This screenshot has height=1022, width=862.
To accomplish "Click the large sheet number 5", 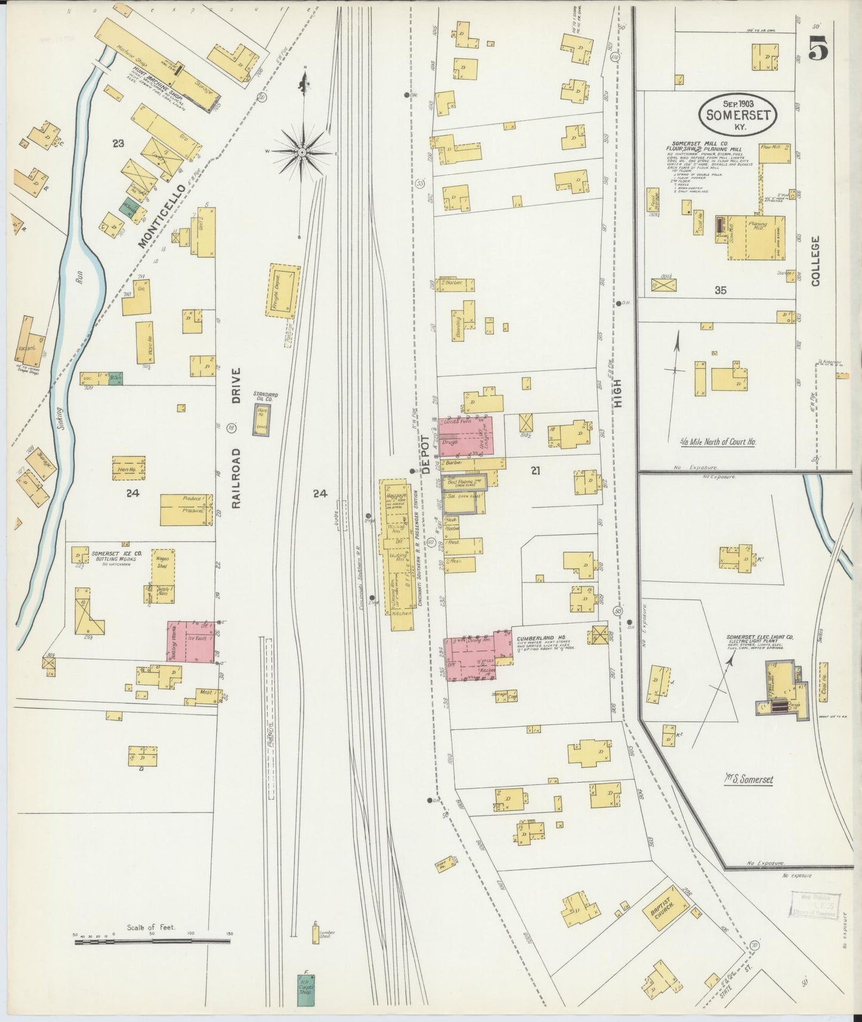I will point(818,48).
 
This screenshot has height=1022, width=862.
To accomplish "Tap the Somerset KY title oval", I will point(739,114).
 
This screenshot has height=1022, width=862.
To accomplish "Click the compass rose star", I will point(303,152).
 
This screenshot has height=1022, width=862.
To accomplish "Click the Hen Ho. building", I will point(129,469).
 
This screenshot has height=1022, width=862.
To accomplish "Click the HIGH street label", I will point(618,394).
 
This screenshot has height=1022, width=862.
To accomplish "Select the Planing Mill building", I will point(756,238).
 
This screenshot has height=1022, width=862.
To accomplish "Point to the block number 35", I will point(721,290).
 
